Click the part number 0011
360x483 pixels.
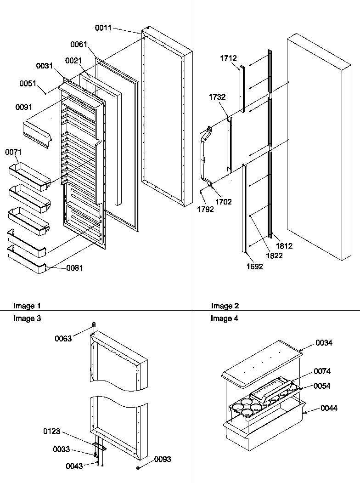click(103, 28)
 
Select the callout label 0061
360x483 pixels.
click(79, 44)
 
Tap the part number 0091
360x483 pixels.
click(24, 107)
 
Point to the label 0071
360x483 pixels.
click(13, 152)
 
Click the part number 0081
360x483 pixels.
click(75, 268)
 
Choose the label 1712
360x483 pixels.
click(228, 58)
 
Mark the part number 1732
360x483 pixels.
click(217, 97)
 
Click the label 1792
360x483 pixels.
click(206, 209)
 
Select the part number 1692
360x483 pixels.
click(254, 267)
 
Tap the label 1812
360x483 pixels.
click(284, 246)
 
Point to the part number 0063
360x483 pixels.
click(63, 339)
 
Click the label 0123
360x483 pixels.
click(52, 432)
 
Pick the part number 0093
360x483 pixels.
click(162, 459)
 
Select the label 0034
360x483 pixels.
click(324, 343)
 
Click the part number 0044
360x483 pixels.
click(328, 408)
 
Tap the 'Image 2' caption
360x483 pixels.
click(225, 306)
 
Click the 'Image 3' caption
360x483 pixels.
click(27, 318)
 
